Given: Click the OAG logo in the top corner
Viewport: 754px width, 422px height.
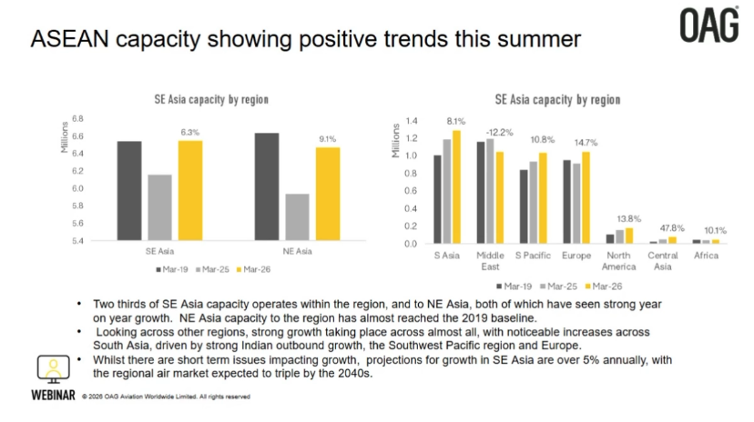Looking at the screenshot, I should click(709, 25).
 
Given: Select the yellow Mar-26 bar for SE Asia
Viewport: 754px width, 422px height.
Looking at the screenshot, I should click(190, 190).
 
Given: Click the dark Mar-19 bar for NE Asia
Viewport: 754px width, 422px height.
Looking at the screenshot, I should click(267, 186).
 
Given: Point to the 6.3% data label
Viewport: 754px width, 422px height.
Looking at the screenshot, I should click(190, 133).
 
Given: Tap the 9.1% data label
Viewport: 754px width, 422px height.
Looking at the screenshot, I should click(327, 139).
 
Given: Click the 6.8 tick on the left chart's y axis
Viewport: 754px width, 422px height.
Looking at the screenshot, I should click(77, 118).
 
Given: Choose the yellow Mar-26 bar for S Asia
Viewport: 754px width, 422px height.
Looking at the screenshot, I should click(456, 186).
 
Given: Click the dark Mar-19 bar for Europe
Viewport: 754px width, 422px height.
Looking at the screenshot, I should click(566, 202).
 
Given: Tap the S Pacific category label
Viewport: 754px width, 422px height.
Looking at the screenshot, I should click(532, 256).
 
